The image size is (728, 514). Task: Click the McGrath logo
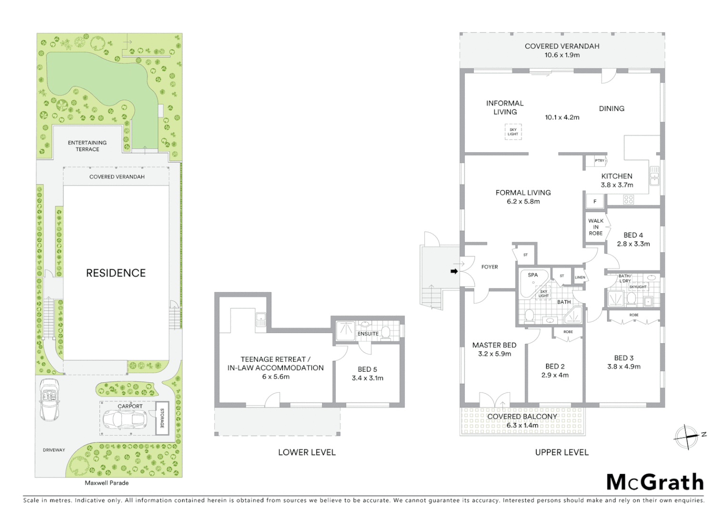pos(655,482)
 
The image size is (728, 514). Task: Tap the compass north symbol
pos(688,436)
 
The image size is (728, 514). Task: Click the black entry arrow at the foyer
pos(454,271)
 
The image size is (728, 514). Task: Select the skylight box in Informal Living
pos(513,132)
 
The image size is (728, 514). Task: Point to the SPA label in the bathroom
pos(533,275)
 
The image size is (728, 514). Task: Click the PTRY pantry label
pos(599,161)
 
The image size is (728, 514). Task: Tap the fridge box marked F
pos(595,201)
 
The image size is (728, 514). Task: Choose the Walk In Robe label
pos(596,227)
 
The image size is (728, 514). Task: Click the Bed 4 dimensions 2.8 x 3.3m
pos(633,244)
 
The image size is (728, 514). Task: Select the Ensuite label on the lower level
pos(368,334)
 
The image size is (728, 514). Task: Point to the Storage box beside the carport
pos(162,418)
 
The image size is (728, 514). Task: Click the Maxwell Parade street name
pos(107,483)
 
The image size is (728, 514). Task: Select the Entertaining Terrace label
pos(87,146)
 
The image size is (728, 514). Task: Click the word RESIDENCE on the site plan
pos(116,273)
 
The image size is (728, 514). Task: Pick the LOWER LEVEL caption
pos(307,452)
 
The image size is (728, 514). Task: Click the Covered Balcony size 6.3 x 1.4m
pos(522,425)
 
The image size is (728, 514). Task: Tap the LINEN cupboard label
pos(579,277)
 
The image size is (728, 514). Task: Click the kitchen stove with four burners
pos(628,199)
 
